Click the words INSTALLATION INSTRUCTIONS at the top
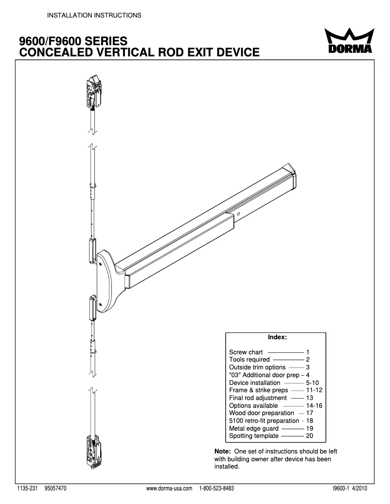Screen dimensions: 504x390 coord(94,16)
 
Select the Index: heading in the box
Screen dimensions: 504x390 coord(277,336)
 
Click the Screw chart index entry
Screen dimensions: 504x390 coord(246,352)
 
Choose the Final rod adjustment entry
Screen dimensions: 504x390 coord(258,398)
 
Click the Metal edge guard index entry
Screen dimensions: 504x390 coord(254,429)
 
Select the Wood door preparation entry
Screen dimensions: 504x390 coord(262,413)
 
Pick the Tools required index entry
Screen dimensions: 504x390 coord(249,360)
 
